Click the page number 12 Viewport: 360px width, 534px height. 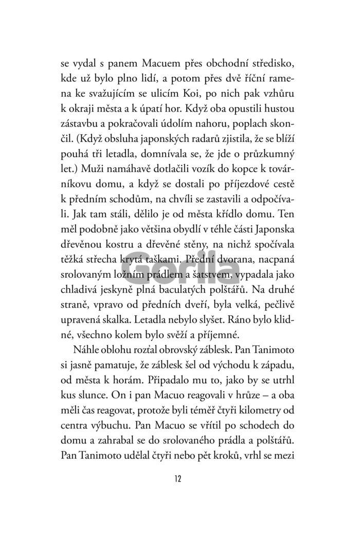tap(179, 479)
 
